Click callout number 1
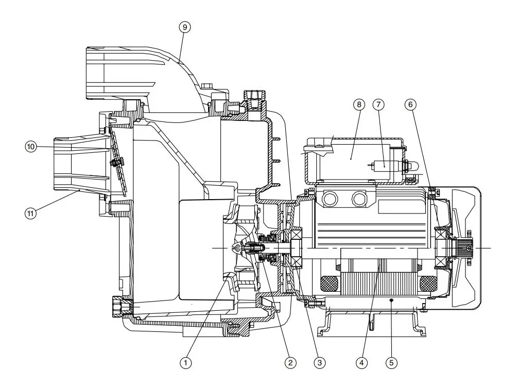[x=185, y=363]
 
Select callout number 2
[x=290, y=363]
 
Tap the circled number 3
[x=319, y=363]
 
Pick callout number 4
[x=361, y=363]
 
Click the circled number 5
[x=391, y=363]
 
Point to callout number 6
[x=410, y=105]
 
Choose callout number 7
[x=378, y=105]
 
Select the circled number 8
[x=359, y=105]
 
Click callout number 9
[x=185, y=27]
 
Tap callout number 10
[x=31, y=146]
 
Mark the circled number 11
[x=31, y=213]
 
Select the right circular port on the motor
[x=360, y=199]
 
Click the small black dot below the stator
[x=391, y=299]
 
